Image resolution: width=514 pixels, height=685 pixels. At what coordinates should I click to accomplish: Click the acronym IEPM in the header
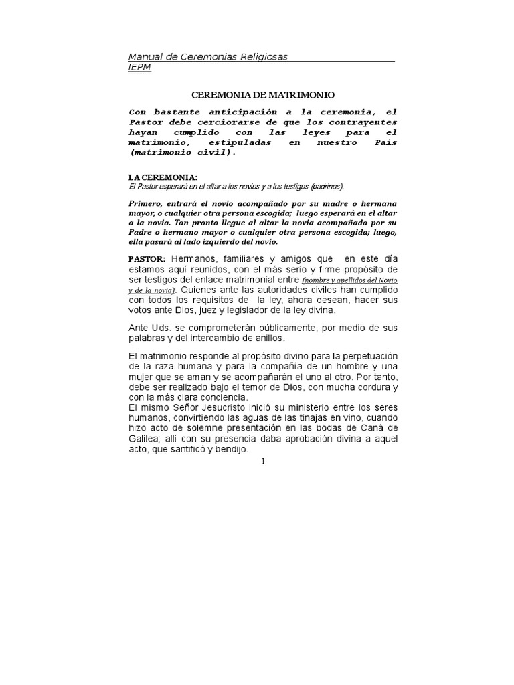[x=139, y=68]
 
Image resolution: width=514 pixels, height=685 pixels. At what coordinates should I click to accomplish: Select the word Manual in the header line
[x=145, y=57]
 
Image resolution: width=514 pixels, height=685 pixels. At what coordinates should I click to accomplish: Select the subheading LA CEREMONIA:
[x=163, y=177]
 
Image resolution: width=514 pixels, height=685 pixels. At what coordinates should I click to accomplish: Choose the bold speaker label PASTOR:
[x=147, y=259]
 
